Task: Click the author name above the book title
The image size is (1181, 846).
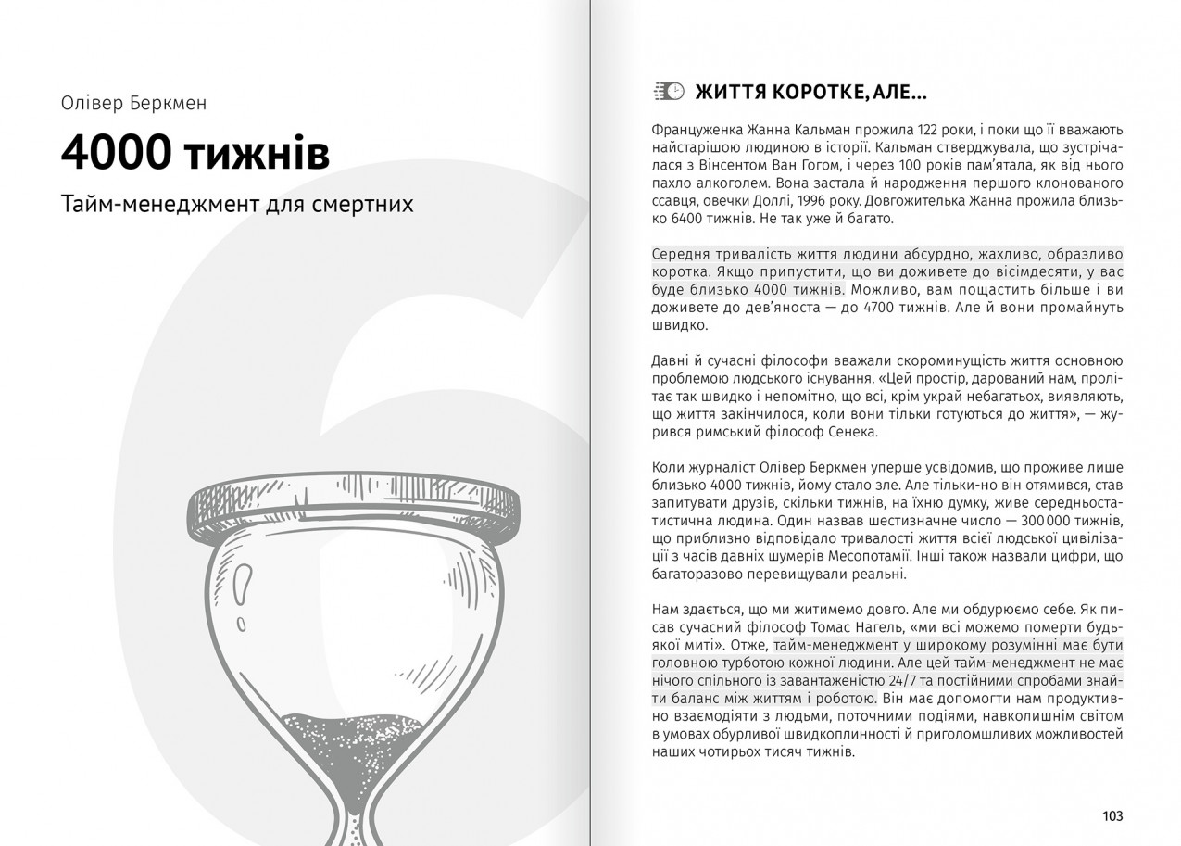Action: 133,103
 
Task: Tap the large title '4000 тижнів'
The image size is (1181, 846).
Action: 195,154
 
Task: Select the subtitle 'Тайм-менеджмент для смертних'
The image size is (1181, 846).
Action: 237,204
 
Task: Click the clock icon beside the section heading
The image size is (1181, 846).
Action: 670,91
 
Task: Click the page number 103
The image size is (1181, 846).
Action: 1112,815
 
